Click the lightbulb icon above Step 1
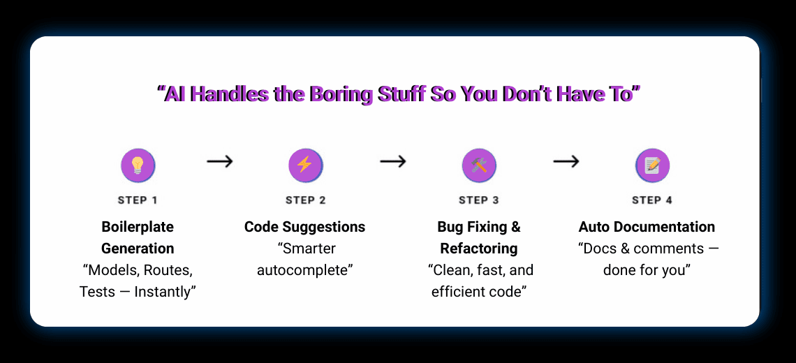click(x=138, y=165)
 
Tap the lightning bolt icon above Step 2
click(x=305, y=165)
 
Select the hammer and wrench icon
click(x=478, y=165)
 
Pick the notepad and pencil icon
click(x=652, y=165)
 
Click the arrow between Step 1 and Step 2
click(x=220, y=162)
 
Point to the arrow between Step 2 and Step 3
click(x=393, y=162)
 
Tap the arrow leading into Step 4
click(x=566, y=162)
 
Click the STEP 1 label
click(x=138, y=200)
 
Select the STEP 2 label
click(x=305, y=200)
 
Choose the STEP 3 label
click(x=478, y=200)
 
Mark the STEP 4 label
click(x=652, y=200)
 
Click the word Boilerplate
click(x=138, y=227)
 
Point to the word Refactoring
click(x=478, y=249)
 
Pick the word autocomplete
click(x=304, y=270)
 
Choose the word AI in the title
click(x=174, y=94)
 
